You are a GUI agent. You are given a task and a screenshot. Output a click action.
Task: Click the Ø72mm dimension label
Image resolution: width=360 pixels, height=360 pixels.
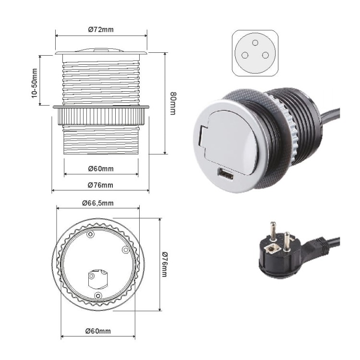pos(101,30)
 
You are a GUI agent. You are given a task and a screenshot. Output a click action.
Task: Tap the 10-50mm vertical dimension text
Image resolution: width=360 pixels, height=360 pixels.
pos(34,83)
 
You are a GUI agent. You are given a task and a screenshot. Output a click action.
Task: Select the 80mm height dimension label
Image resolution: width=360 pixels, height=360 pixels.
pos(173,103)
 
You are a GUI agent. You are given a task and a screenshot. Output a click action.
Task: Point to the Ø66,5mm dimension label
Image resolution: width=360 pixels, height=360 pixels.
pos(98,203)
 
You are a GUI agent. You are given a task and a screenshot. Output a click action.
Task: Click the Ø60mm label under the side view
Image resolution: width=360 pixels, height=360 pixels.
pos(101,169)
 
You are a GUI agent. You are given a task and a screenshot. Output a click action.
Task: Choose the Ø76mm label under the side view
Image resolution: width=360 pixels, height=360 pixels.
pos(101,185)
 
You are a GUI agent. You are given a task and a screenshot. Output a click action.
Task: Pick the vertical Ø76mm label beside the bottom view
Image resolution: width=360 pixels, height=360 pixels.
pos(164,264)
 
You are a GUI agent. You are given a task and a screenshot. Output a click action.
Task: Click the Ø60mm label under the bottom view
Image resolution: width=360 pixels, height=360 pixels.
pos(98,331)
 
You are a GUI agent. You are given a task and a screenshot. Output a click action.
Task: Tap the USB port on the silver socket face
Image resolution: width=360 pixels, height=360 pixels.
pos(226,174)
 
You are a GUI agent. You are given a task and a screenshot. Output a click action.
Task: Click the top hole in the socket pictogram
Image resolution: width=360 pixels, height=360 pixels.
pos(255,43)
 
